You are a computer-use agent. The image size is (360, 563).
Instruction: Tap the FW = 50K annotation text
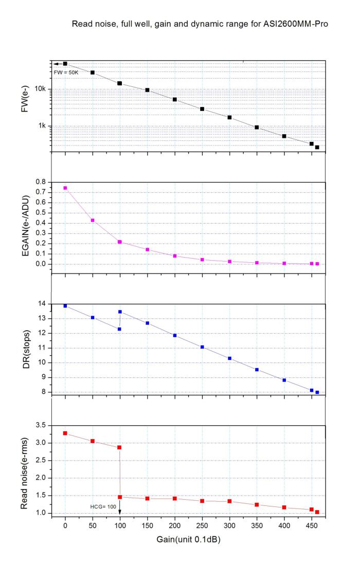coord(65,72)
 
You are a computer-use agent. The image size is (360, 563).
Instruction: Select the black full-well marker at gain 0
coord(65,64)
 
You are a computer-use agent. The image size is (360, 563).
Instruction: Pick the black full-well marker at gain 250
coord(202,109)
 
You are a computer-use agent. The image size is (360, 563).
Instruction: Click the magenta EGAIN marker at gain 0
coord(65,188)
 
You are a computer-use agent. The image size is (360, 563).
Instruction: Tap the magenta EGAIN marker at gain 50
coord(93,220)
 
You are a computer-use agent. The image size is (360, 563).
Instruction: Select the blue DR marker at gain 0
coord(65,306)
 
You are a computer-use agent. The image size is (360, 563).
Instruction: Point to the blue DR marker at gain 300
coord(229,358)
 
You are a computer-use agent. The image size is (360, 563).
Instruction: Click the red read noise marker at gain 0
coord(65,433)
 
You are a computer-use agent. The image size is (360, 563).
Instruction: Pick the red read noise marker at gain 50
coord(93,441)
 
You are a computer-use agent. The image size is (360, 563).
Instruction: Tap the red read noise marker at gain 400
coord(284,507)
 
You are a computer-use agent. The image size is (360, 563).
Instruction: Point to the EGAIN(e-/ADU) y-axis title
coord(25,223)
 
